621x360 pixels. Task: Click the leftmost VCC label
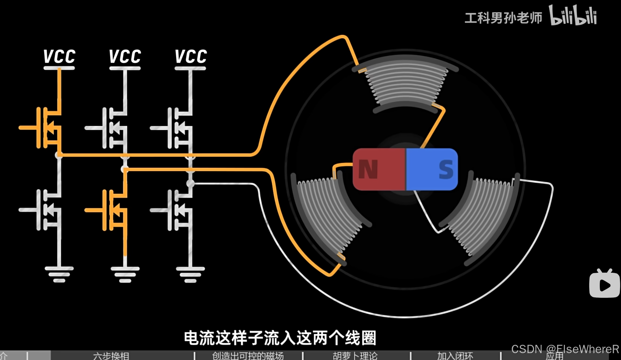[59, 57]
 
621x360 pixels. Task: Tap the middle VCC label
[125, 57]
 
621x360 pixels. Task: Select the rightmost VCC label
[191, 57]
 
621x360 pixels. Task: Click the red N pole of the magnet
[379, 169]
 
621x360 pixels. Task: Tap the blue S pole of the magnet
[432, 169]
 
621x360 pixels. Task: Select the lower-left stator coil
[327, 216]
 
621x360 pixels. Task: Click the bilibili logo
[573, 16]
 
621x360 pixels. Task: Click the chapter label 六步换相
[111, 356]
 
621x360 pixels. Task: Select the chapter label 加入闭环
[455, 356]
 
